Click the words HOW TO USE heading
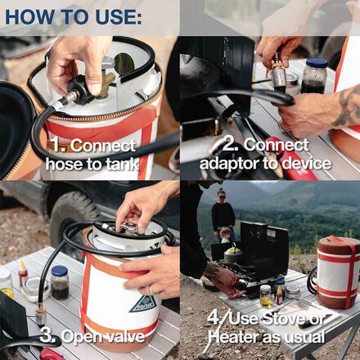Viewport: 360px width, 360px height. point(73,16)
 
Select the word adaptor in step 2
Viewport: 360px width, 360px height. point(232,164)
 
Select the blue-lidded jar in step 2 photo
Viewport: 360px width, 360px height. point(315,74)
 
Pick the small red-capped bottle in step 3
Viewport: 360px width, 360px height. point(23,273)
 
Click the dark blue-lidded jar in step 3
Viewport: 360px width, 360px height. point(60,281)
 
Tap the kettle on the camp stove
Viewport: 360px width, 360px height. point(234,256)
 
